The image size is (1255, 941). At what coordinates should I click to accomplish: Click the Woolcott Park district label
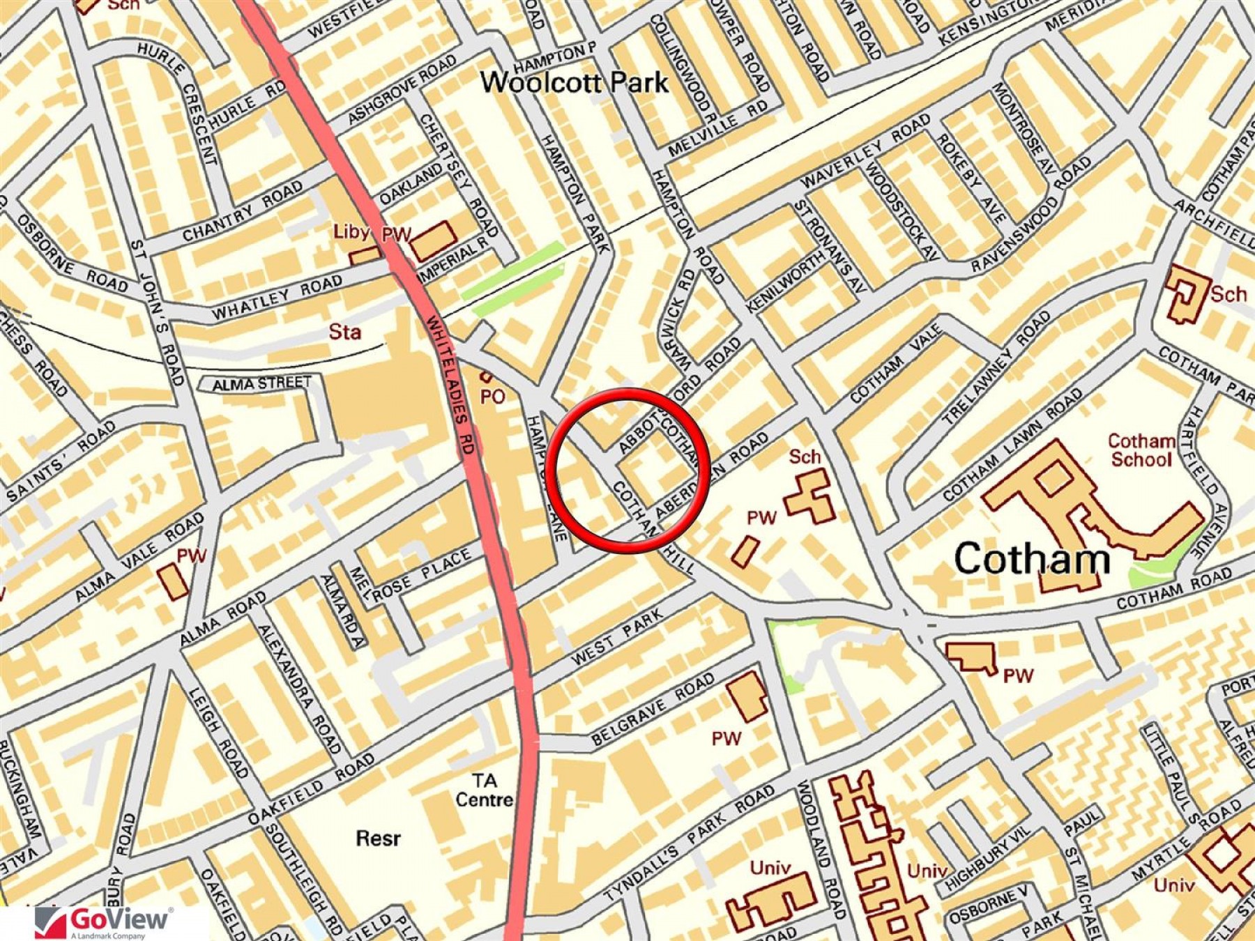click(574, 83)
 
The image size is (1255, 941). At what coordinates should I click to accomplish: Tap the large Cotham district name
click(1032, 559)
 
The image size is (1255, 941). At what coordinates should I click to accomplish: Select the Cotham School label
click(1141, 450)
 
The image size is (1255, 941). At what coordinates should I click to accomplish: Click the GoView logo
click(103, 922)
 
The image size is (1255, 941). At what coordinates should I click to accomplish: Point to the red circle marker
click(628, 470)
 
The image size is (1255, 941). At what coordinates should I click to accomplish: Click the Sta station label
click(345, 332)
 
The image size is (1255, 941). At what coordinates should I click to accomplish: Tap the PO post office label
click(492, 396)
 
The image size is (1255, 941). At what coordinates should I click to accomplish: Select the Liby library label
click(351, 231)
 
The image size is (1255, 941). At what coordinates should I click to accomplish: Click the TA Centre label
click(484, 790)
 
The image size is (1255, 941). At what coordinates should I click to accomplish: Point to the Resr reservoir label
click(378, 837)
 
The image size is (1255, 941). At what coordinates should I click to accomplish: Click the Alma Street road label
click(261, 383)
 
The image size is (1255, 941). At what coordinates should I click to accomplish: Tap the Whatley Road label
click(277, 298)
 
